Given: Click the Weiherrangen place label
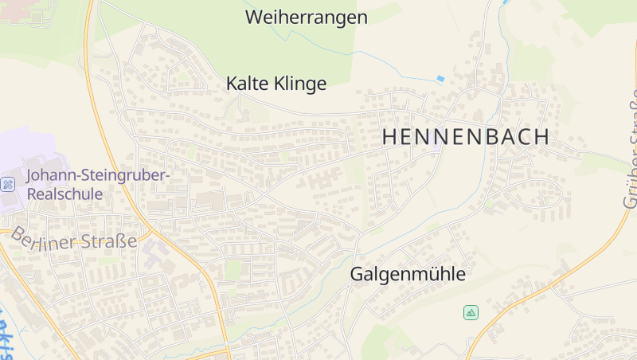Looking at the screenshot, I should point(307,18).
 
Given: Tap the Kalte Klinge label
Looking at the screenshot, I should point(276,84).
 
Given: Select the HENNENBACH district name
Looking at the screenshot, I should point(466,136).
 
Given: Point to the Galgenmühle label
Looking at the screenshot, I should point(408,274).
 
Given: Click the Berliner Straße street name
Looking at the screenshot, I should point(73,238).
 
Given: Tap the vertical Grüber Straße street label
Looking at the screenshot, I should point(629,147).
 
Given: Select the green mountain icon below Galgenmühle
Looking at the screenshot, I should point(471,312).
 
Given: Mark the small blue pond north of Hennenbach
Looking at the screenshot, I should point(440,78).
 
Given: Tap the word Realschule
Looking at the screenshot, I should point(64,194).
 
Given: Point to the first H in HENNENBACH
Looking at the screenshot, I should point(389,136).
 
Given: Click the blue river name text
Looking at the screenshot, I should point(6,335).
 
